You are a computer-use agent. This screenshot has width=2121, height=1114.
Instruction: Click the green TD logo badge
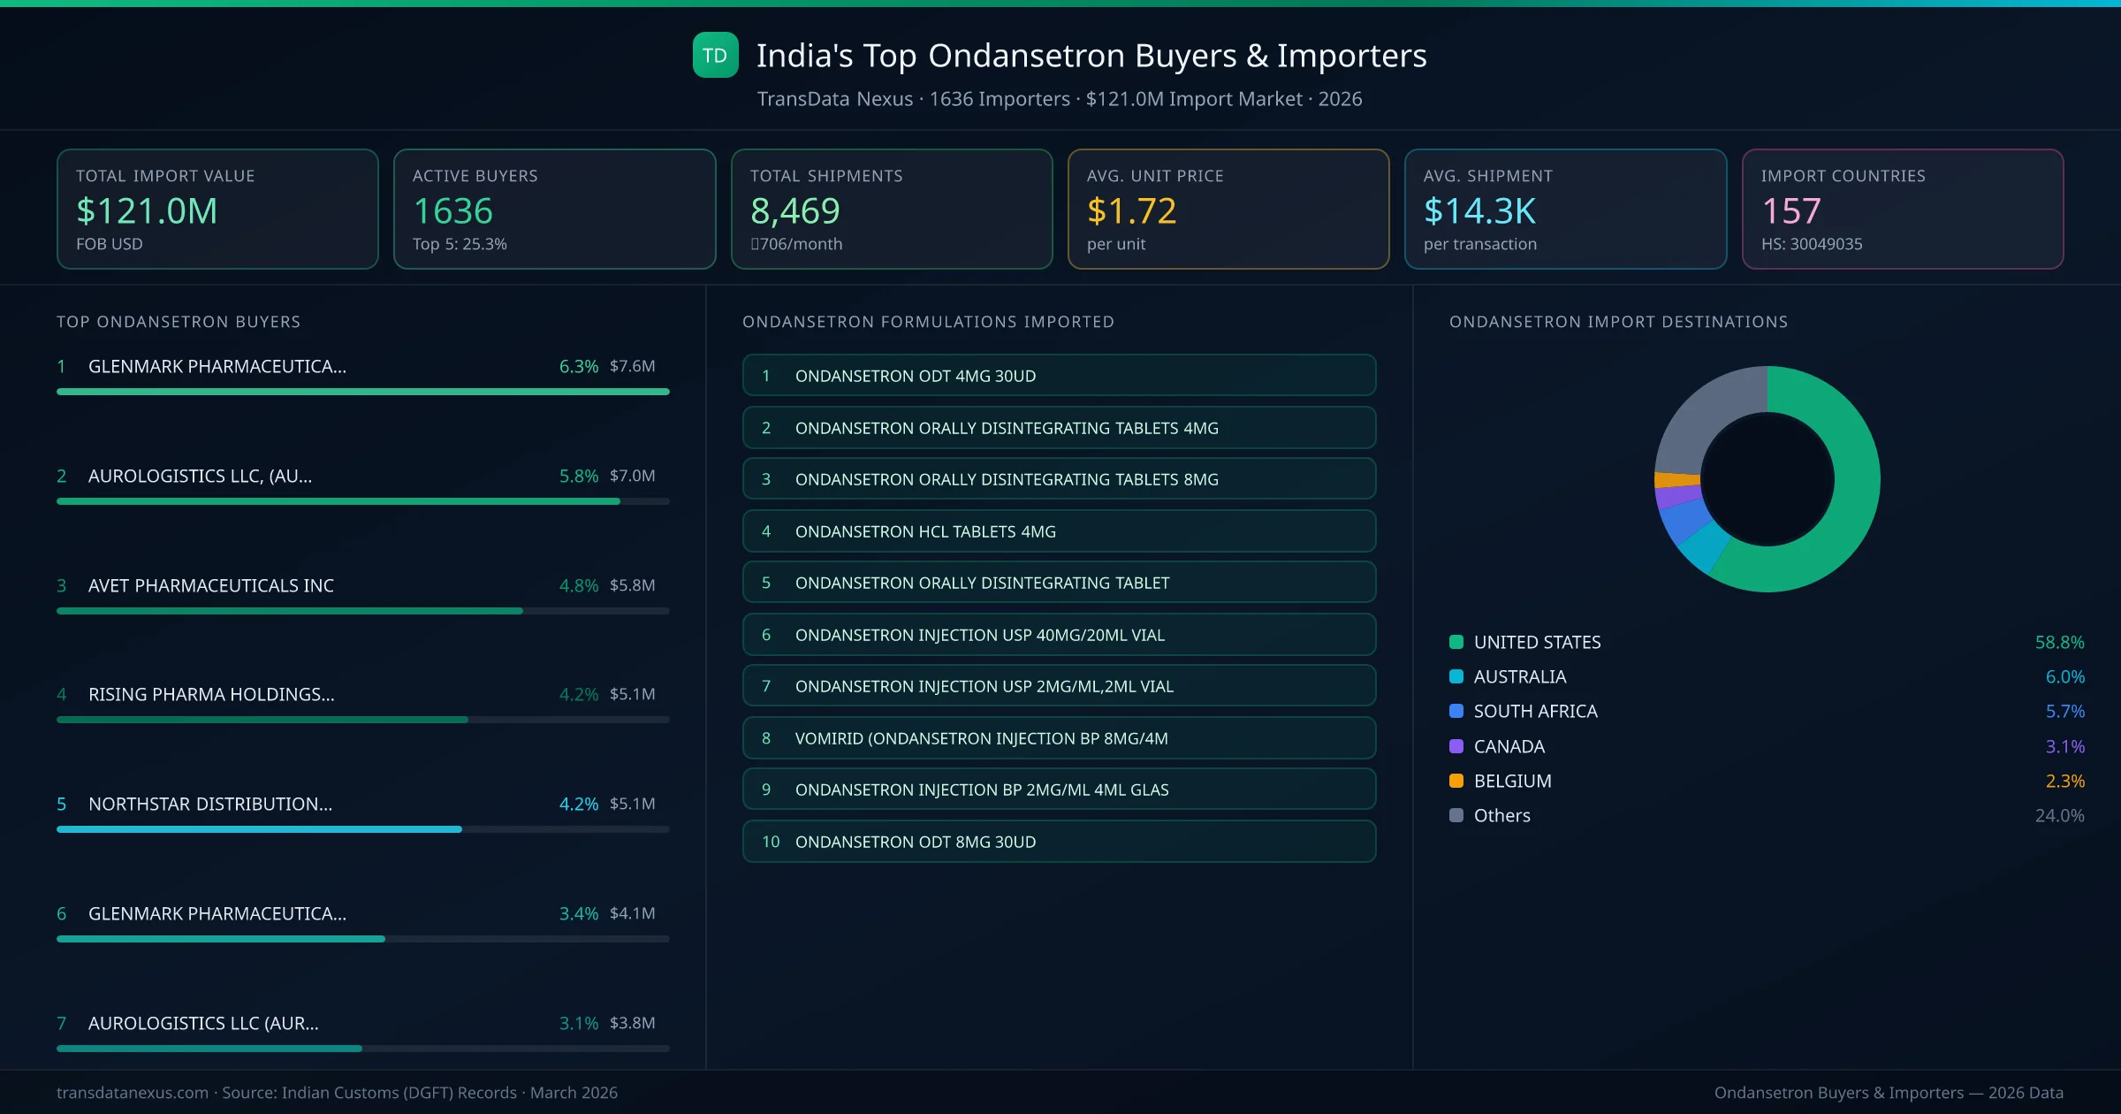(x=715, y=56)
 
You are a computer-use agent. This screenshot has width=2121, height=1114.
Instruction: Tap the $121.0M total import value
(x=147, y=211)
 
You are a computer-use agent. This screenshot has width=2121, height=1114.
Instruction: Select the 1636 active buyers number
(x=452, y=211)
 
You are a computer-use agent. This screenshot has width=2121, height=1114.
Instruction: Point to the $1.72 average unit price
(x=1131, y=211)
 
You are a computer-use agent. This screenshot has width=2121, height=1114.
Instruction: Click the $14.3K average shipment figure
(x=1479, y=211)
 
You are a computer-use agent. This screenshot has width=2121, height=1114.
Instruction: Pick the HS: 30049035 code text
(x=1811, y=244)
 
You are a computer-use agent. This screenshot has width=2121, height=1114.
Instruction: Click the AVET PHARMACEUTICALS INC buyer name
(x=211, y=585)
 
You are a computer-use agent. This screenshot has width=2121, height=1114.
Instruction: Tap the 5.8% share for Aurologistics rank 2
(x=578, y=476)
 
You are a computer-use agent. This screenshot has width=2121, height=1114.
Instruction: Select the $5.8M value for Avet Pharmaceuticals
(x=632, y=585)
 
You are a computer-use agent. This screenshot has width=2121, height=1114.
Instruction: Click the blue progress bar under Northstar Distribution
(x=259, y=829)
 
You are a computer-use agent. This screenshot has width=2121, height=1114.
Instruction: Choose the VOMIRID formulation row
(x=1059, y=738)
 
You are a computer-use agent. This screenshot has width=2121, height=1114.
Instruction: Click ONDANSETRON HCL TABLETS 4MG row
(x=1059, y=531)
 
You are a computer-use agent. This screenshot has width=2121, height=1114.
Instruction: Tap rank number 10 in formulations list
(x=771, y=842)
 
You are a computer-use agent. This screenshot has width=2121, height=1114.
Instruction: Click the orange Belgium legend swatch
(x=1456, y=781)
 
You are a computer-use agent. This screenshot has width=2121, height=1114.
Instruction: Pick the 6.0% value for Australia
(x=2064, y=677)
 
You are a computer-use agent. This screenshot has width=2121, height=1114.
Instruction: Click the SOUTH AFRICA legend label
(x=1535, y=712)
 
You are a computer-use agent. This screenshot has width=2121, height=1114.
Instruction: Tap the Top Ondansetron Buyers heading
(x=179, y=322)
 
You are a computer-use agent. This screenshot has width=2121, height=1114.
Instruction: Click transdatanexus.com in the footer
(x=133, y=1093)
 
